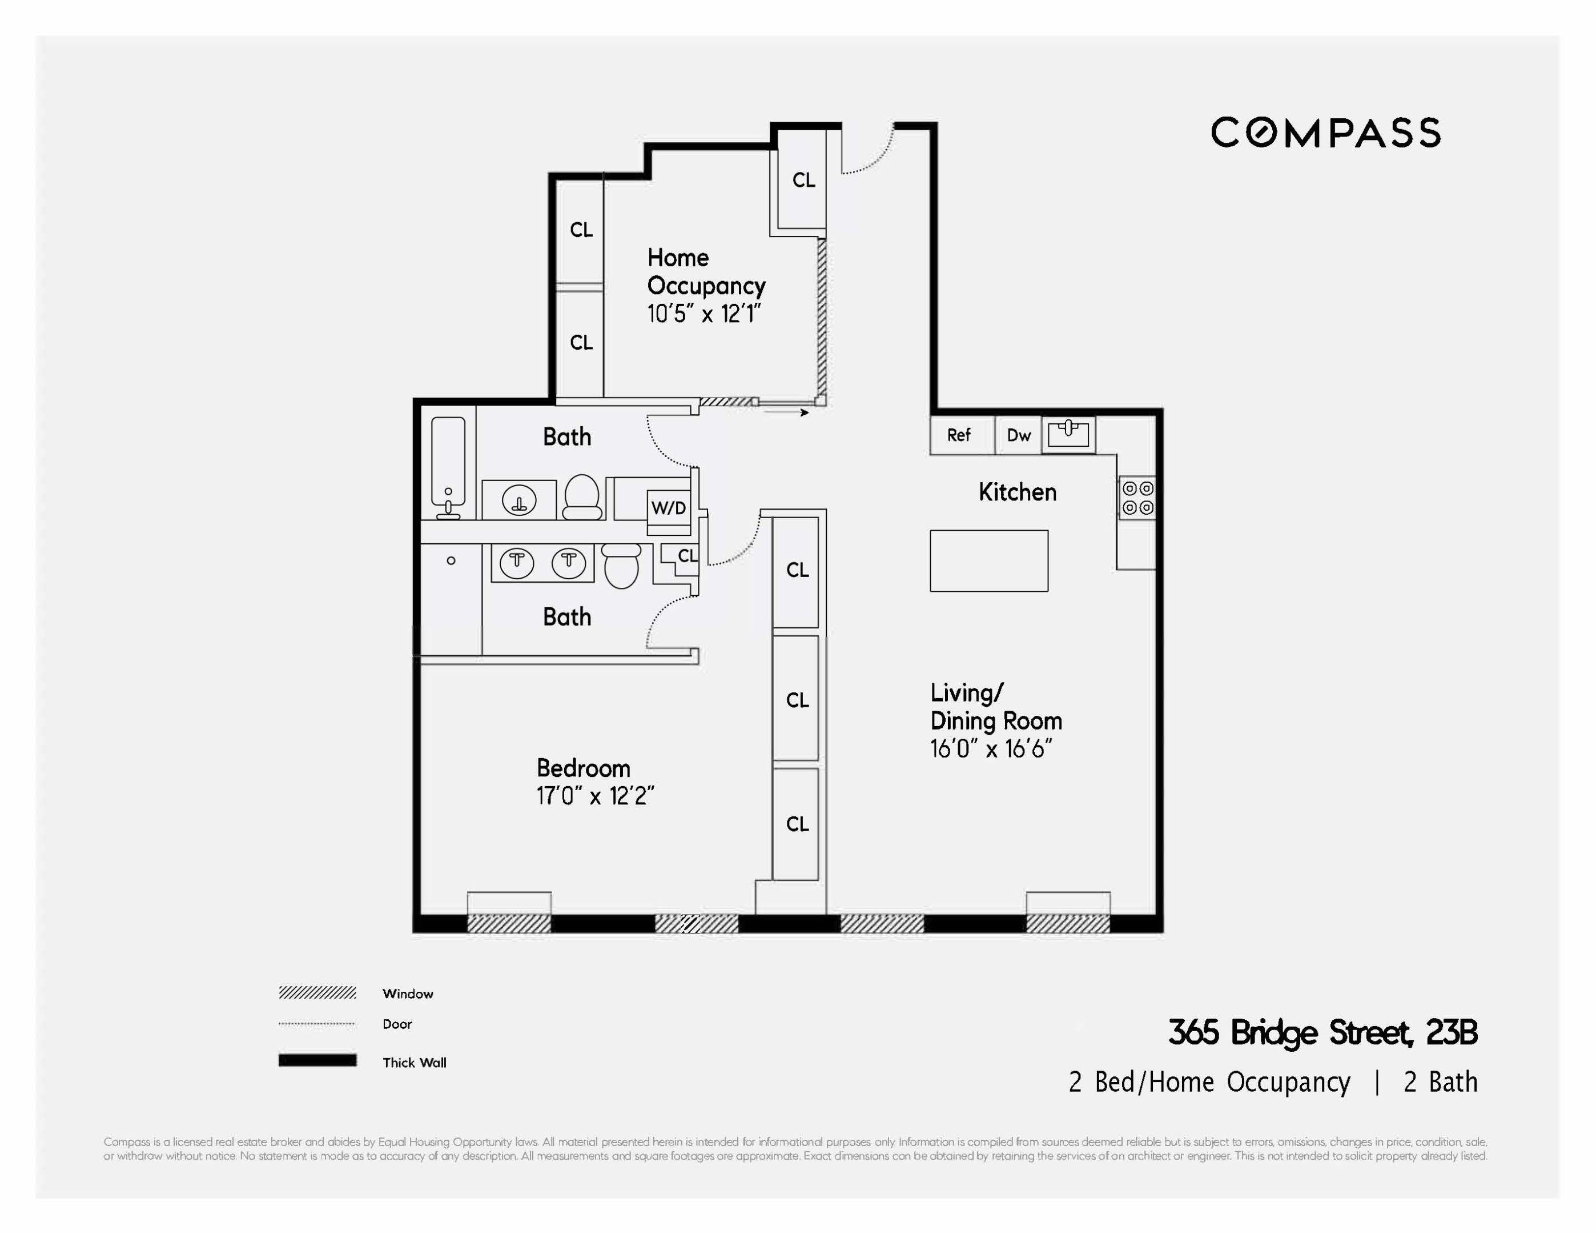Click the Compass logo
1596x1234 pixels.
point(1325,133)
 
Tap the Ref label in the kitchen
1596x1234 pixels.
point(958,435)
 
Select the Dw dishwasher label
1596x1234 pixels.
point(1018,435)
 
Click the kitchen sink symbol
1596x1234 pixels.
point(1068,434)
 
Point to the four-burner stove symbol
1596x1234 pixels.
point(1137,498)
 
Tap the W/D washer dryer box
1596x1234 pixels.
point(669,507)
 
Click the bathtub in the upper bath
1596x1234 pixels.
point(448,466)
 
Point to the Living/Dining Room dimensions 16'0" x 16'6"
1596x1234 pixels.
point(990,748)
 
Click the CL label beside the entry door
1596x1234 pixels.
point(803,180)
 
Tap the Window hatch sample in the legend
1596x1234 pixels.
point(317,993)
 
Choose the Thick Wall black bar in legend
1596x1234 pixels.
point(317,1061)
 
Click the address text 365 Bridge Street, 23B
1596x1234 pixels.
point(1322,1033)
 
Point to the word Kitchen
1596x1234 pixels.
point(1016,492)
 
